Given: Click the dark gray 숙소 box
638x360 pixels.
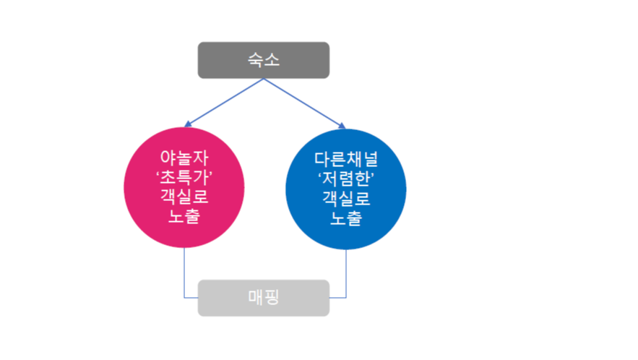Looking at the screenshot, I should (x=264, y=60).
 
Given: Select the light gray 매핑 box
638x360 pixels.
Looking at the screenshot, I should (x=264, y=298).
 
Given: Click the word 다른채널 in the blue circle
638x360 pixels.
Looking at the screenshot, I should (x=346, y=158).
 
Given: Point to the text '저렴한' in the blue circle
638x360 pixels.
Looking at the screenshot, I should (x=346, y=177).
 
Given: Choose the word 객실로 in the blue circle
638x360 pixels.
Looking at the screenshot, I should (x=346, y=197).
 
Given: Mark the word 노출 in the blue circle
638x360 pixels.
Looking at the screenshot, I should (x=346, y=217).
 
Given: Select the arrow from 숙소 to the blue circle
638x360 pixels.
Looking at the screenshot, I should (x=303, y=103).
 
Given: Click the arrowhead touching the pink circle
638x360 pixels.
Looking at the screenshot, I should (x=189, y=124).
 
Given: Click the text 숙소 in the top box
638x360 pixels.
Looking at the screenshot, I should (x=264, y=60).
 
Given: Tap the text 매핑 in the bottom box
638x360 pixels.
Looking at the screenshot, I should (x=263, y=298).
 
